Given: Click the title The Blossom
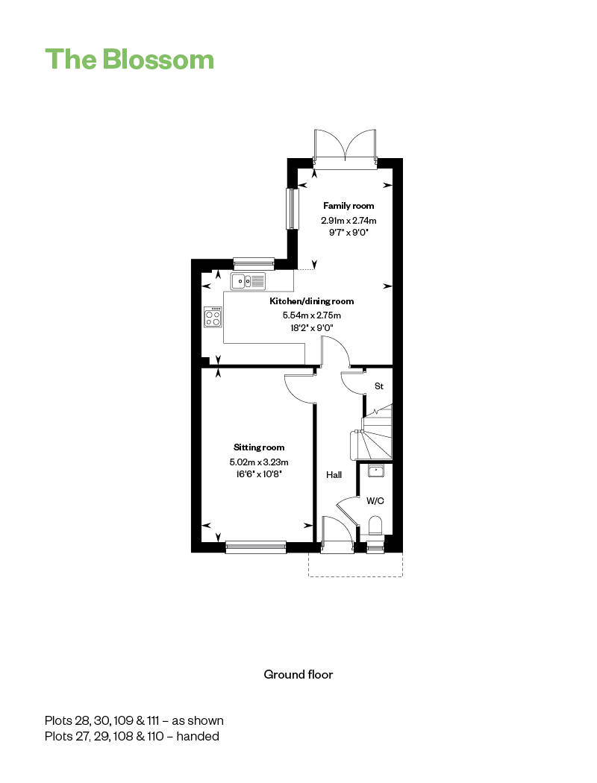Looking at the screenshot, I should pyautogui.click(x=129, y=59).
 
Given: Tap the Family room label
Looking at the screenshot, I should pyautogui.click(x=348, y=206).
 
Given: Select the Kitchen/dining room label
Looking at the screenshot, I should pyautogui.click(x=311, y=301).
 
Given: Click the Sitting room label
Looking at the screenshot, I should pyautogui.click(x=259, y=447).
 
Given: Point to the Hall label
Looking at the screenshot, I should pyautogui.click(x=334, y=474).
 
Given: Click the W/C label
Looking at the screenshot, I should pyautogui.click(x=375, y=501).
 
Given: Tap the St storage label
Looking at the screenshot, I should pyautogui.click(x=378, y=386).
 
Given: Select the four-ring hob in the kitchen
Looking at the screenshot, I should pyautogui.click(x=213, y=318).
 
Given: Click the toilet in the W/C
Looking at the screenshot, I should pyautogui.click(x=375, y=526).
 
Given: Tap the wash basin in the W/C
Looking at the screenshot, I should pyautogui.click(x=375, y=470).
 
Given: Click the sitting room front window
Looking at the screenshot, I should pyautogui.click(x=256, y=547).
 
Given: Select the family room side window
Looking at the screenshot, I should pyautogui.click(x=292, y=208).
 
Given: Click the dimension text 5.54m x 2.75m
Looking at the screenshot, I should pyautogui.click(x=311, y=315).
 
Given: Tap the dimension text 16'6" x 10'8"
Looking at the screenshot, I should pyautogui.click(x=259, y=474).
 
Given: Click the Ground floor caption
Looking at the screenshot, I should pyautogui.click(x=298, y=674).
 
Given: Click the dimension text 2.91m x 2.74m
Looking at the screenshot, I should pyautogui.click(x=348, y=220).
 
